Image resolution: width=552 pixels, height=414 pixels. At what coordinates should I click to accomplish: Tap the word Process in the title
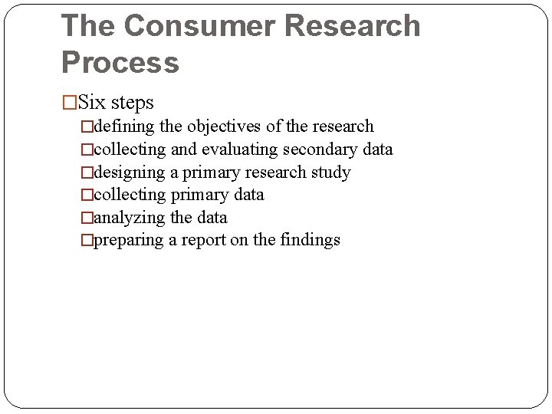[120, 62]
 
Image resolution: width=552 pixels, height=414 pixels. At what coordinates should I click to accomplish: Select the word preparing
[128, 241]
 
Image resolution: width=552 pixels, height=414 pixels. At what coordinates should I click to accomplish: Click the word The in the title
[87, 25]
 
